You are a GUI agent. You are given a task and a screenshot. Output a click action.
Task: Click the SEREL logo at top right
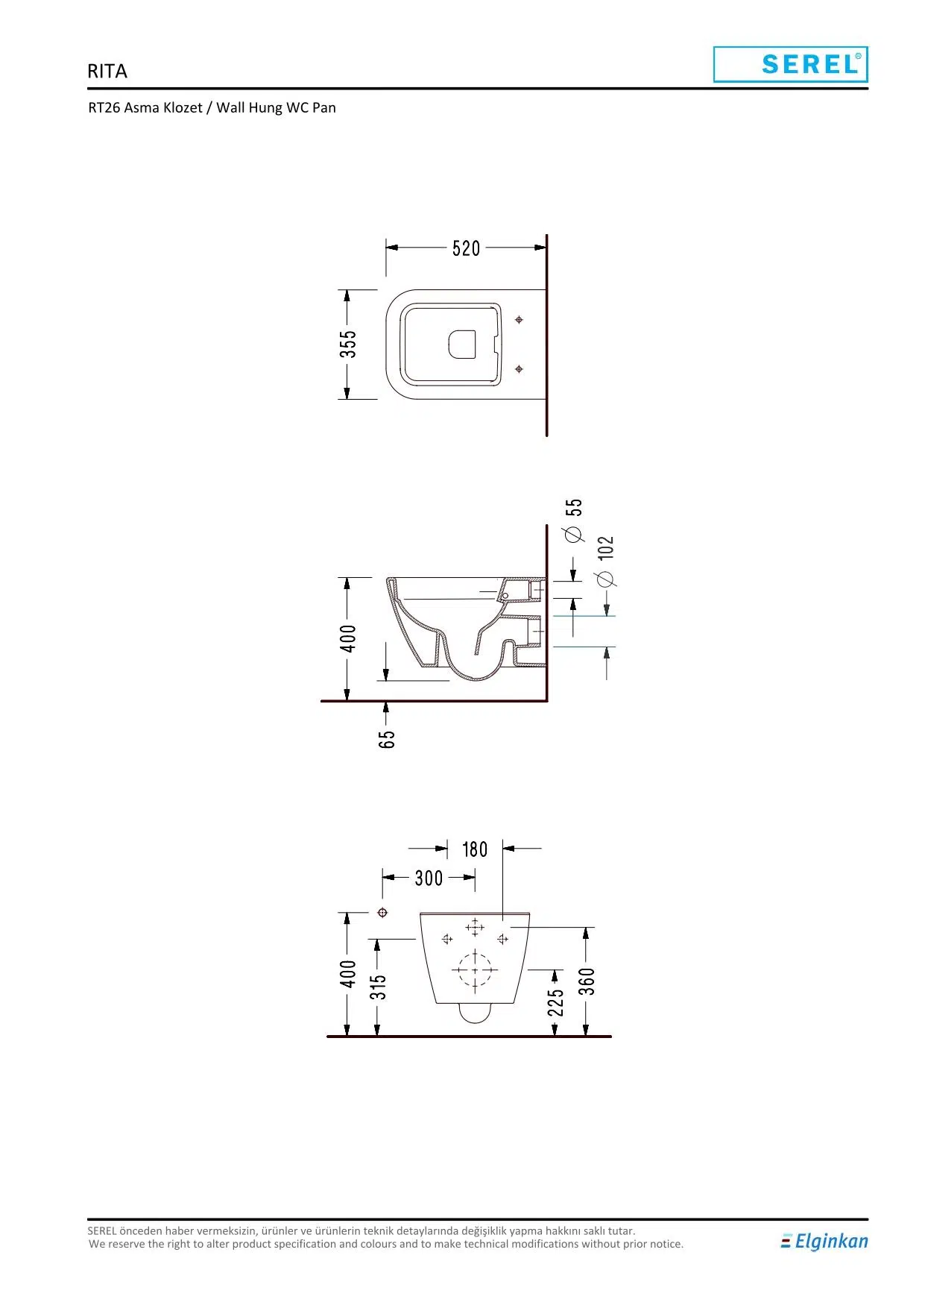[x=790, y=64]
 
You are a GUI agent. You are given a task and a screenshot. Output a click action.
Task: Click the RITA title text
[x=107, y=72]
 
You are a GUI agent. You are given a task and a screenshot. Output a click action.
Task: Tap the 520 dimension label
[x=467, y=248]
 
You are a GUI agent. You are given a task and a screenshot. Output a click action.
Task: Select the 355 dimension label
[x=348, y=345]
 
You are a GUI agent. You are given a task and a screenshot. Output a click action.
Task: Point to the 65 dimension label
[x=387, y=739]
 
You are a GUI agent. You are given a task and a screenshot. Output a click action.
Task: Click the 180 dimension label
[x=475, y=849]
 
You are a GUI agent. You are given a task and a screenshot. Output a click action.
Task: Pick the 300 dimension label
[x=429, y=878]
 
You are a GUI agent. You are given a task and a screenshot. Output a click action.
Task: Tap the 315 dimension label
[x=379, y=987]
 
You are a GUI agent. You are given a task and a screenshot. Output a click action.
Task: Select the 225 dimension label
[x=556, y=1003]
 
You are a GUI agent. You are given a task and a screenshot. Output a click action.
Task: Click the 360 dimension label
[x=587, y=981]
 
